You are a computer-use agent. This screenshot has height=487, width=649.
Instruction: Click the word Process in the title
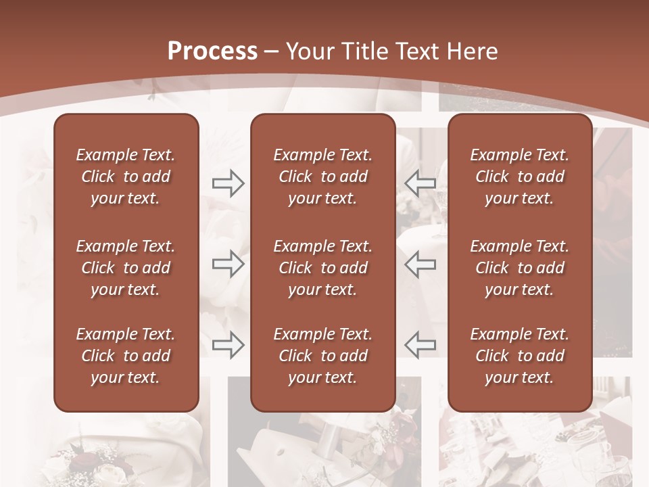tap(212, 51)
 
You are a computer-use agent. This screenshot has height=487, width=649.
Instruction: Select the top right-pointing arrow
tap(228, 183)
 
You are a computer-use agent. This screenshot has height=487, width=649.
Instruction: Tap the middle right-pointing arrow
tap(228, 264)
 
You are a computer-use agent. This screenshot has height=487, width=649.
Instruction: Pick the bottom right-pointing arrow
tap(228, 344)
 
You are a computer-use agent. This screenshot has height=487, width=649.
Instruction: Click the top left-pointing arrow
tap(420, 183)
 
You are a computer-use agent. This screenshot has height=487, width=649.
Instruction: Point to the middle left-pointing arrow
tap(420, 264)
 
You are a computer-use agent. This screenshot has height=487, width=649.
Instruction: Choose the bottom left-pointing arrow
tap(420, 344)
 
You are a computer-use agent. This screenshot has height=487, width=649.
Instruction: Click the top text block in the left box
tap(126, 177)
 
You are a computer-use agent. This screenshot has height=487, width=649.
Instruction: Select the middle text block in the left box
tap(126, 268)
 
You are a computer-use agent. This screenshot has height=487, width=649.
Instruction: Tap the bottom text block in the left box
tap(126, 356)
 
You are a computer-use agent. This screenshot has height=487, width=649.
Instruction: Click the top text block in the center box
tap(322, 177)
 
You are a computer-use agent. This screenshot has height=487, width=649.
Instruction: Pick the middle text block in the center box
tap(322, 268)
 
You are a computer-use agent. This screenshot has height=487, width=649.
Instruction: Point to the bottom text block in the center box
tap(322, 356)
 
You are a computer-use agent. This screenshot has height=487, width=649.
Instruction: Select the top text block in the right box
tap(519, 177)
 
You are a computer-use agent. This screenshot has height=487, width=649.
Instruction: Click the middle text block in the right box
tap(519, 268)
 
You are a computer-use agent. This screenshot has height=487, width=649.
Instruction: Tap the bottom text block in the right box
tap(519, 356)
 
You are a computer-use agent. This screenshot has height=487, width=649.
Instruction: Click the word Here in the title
tap(473, 51)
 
